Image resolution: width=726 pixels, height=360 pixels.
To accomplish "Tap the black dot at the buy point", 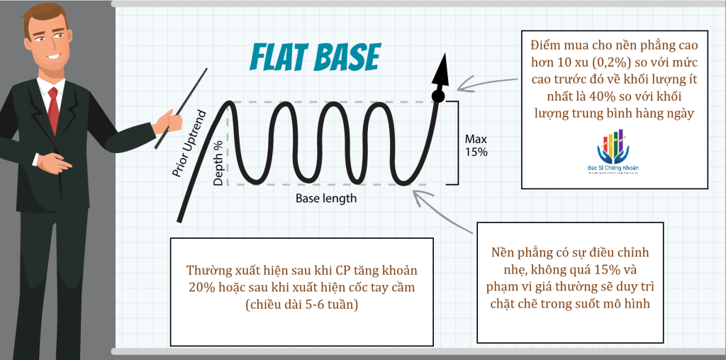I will (437, 96).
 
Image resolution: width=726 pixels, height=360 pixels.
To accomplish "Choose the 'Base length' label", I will (326, 198).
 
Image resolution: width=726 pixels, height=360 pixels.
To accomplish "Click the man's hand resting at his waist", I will (53, 163).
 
